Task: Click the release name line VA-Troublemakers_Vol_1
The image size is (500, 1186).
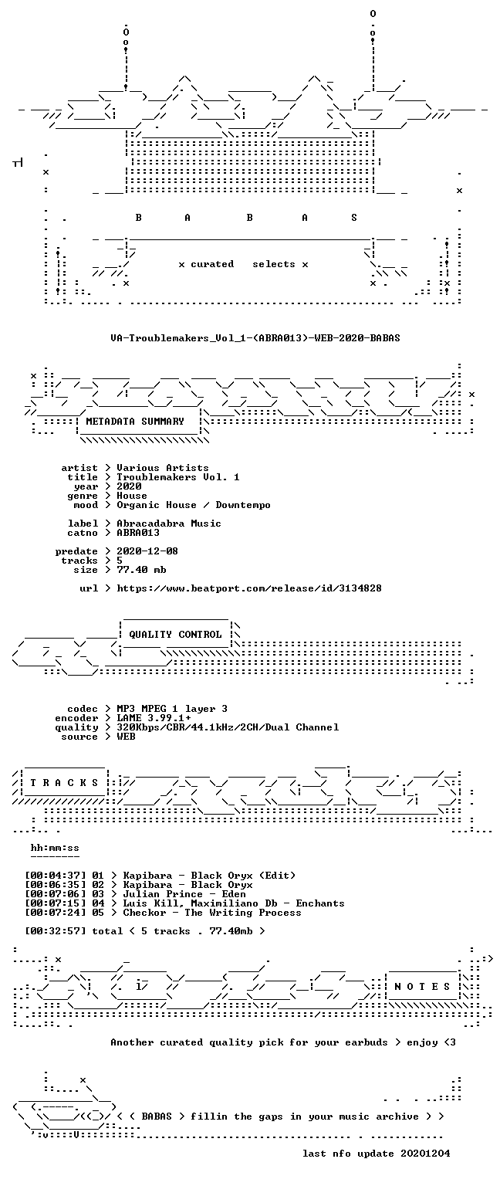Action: point(255,337)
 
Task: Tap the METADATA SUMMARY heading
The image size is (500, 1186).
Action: point(135,422)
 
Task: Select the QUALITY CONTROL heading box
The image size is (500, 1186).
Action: point(175,634)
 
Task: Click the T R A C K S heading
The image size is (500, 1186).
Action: point(64,782)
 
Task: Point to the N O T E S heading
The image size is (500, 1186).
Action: point(422,986)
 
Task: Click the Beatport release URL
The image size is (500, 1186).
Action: point(249,588)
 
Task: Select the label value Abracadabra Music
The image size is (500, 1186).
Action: point(169,523)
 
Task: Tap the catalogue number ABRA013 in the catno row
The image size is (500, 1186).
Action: point(138,533)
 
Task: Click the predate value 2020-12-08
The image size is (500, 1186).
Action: point(147,551)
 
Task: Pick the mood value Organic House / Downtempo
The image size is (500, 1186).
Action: point(194,505)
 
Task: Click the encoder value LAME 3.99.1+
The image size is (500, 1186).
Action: point(154,718)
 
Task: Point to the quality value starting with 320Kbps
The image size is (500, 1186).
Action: point(228,727)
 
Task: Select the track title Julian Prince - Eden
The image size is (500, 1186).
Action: point(184,893)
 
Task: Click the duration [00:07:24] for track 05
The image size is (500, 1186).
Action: point(55,912)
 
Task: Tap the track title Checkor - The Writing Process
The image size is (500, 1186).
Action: point(212,912)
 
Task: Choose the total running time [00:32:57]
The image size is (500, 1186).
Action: point(55,930)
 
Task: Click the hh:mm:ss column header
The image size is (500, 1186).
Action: point(55,848)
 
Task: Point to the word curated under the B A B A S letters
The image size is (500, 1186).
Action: point(212,263)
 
